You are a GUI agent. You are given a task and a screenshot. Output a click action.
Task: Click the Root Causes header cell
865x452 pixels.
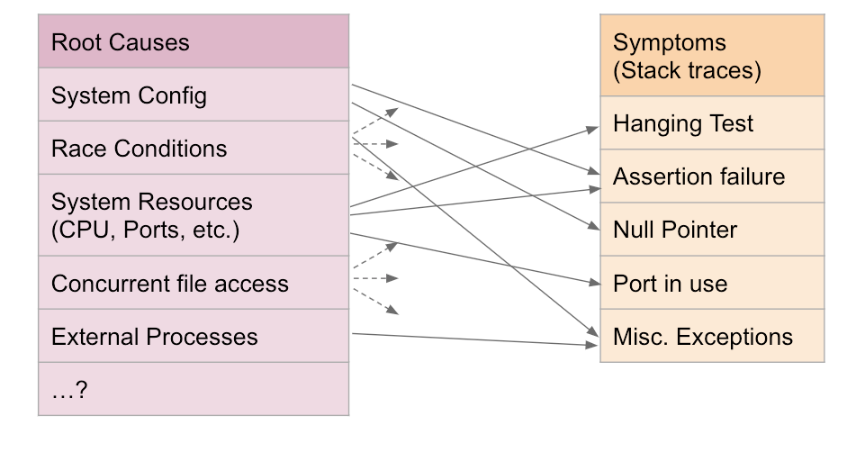194,41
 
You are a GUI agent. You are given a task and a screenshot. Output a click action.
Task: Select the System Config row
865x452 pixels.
194,95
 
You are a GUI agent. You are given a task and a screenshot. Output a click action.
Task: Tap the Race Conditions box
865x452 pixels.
194,148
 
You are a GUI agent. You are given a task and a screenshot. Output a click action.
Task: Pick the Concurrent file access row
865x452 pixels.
194,283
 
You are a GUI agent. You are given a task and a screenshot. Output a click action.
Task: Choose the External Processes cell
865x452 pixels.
194,336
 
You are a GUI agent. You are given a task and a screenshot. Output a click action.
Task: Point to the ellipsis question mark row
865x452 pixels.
194,389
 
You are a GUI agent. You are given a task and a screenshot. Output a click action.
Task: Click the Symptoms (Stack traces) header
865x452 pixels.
712,55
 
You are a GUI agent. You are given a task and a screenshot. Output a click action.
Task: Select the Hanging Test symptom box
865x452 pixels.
712,122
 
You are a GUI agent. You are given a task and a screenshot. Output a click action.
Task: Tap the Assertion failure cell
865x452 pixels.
712,176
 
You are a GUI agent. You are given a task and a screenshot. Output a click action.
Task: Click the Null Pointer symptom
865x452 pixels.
712,229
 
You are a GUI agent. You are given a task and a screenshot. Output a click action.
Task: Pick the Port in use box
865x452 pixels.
712,282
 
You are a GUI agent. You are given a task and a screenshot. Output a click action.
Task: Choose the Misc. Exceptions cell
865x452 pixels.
712,336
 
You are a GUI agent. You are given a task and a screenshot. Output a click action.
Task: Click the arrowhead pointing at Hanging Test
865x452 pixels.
593,130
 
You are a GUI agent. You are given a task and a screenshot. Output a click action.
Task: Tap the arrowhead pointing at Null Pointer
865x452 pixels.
594,226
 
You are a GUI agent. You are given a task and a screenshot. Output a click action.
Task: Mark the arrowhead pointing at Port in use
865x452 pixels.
594,283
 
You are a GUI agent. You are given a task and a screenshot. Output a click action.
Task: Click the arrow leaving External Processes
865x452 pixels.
475,339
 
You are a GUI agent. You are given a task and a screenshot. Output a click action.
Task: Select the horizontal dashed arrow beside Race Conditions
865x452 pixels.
375,144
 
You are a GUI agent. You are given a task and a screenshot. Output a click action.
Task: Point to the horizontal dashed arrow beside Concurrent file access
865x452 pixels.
375,278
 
